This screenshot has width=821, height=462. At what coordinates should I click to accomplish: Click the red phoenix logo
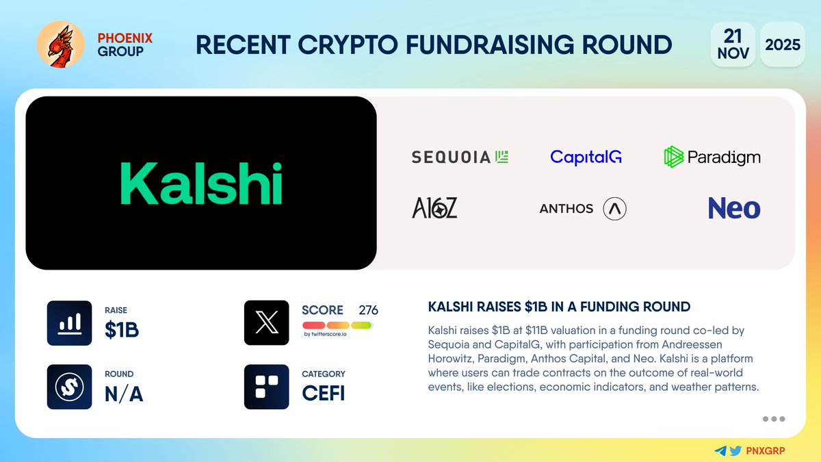(60, 44)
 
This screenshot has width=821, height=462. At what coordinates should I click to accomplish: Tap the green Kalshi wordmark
(201, 183)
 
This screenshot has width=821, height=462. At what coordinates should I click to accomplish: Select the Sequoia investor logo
(460, 157)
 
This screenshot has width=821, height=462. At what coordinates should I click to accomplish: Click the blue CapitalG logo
(586, 157)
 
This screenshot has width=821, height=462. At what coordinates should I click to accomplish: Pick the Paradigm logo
(712, 157)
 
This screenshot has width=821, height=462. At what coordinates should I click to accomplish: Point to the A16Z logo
(434, 209)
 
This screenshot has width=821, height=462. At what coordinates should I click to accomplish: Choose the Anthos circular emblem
(615, 209)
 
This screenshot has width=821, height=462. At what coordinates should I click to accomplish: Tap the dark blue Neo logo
(734, 209)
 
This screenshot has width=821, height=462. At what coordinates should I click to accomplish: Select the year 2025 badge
(783, 45)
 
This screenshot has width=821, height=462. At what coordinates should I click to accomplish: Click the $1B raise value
(122, 331)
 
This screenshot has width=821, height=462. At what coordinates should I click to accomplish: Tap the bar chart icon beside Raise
(69, 322)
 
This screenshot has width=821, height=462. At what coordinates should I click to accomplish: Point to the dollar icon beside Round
(69, 387)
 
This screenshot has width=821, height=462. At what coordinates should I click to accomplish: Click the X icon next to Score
(266, 322)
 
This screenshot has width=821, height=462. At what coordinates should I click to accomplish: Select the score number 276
(368, 310)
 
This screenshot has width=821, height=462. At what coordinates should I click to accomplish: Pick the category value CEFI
(324, 394)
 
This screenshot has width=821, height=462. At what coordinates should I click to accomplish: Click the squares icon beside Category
(266, 387)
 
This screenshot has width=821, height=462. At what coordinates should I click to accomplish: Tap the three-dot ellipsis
(773, 419)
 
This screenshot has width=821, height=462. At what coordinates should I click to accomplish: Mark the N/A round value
(124, 394)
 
